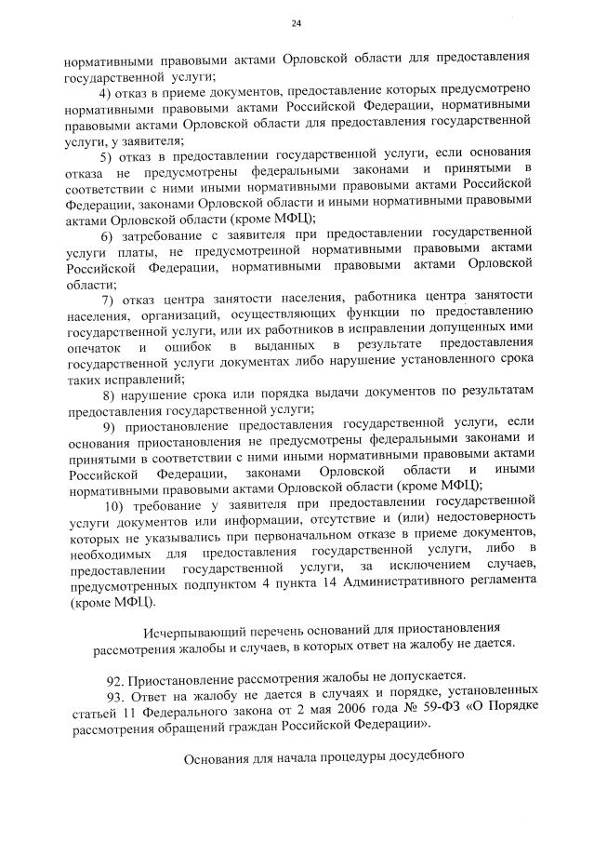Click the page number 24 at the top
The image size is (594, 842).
297,22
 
